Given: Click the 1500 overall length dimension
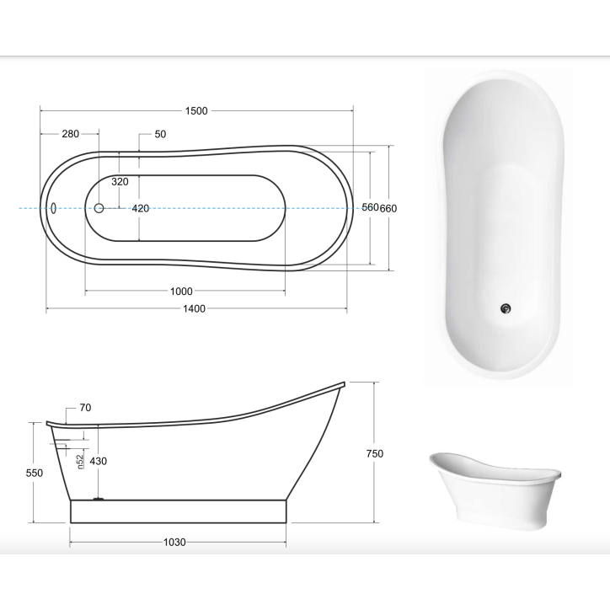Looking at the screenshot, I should tap(197, 111).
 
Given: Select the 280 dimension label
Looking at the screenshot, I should tap(70, 134).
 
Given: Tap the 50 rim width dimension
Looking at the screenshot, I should tap(160, 134).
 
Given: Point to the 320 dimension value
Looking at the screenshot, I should tap(120, 182).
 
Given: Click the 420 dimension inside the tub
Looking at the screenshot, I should tap(140, 208).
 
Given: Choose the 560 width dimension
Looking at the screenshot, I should tap(370, 208).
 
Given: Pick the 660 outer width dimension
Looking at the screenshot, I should tap(388, 208).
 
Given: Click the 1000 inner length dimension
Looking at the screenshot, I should tap(181, 292).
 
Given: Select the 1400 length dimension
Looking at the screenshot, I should tap(194, 309).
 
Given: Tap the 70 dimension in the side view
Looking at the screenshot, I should tap(86, 408).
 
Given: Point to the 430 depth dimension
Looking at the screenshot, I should tap(99, 461).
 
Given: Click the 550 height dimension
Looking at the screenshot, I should tap(34, 474).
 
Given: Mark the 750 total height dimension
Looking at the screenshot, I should tap(375, 453).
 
